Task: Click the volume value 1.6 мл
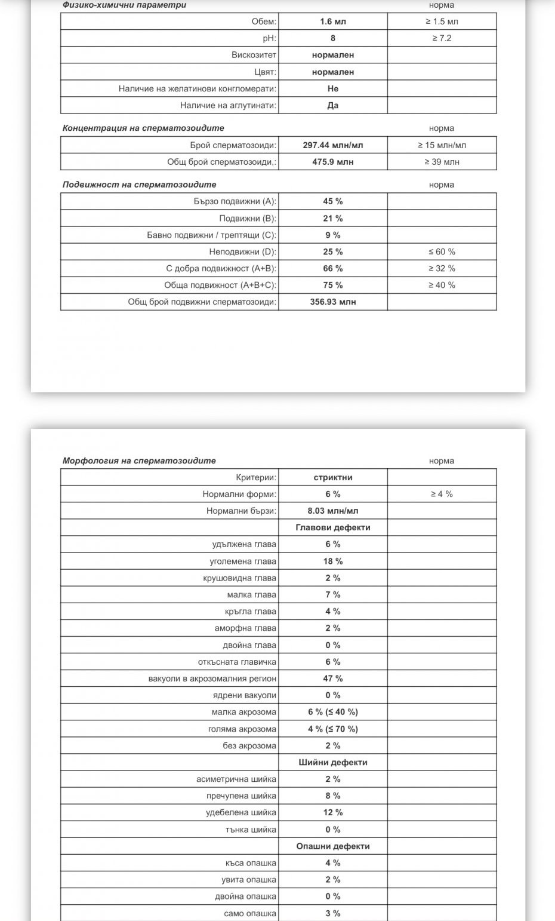pos(332,22)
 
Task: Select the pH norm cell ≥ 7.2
pos(442,38)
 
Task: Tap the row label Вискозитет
pos(254,55)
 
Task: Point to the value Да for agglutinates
pos(332,105)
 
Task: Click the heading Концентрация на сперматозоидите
pos(143,128)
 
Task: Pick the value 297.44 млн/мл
pos(332,145)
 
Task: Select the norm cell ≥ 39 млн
pos(442,162)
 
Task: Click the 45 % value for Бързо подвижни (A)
pos(332,201)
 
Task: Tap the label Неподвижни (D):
pos(242,251)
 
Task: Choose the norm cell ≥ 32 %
pos(442,268)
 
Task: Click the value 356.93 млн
pos(332,302)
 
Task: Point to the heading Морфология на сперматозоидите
pos(139,460)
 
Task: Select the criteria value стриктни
pos(332,477)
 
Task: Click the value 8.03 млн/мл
pos(332,511)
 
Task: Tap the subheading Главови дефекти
pos(332,527)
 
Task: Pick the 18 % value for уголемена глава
pos(332,561)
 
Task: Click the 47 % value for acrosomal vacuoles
pos(332,679)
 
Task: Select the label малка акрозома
pos(243,712)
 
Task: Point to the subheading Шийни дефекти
pos(332,762)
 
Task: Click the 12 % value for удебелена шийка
pos(332,812)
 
